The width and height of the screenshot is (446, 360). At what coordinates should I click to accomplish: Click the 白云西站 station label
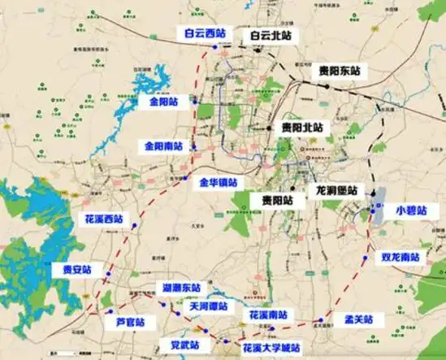(x=204, y=34)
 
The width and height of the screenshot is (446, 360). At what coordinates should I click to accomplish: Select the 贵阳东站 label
(x=339, y=72)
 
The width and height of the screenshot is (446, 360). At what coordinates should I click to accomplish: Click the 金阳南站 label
(x=163, y=146)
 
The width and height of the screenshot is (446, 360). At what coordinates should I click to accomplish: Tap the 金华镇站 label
(x=218, y=184)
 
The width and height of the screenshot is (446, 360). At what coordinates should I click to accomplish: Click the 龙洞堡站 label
(x=336, y=191)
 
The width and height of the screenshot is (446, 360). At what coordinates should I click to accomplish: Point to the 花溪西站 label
(x=103, y=219)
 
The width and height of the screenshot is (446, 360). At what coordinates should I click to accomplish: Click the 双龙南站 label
(x=401, y=257)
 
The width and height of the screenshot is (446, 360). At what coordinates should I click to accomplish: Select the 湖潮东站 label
(x=180, y=288)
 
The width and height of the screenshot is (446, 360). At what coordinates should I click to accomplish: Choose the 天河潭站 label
(x=209, y=306)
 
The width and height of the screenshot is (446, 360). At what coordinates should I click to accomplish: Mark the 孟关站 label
(x=357, y=320)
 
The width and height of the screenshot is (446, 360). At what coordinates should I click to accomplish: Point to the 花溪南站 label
(x=267, y=314)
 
